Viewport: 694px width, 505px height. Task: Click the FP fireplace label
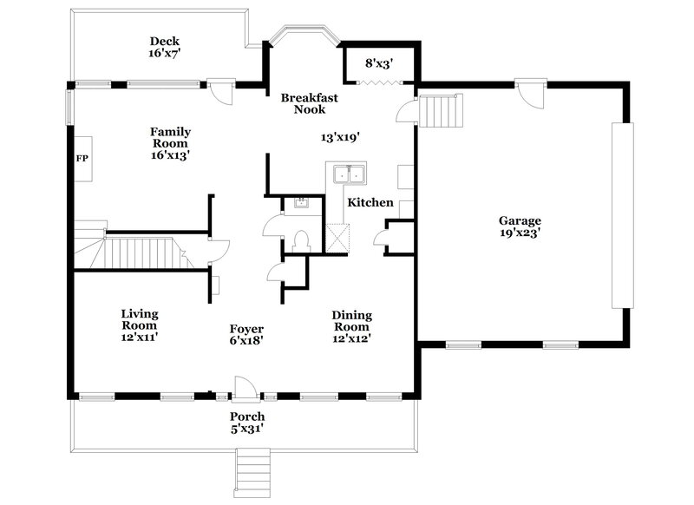(x=82, y=160)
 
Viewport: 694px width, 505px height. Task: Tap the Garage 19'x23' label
(x=520, y=226)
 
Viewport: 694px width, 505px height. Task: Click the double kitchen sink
(x=348, y=175)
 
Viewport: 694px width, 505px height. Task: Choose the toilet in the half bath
(x=302, y=239)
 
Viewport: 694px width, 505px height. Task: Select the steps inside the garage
(x=439, y=111)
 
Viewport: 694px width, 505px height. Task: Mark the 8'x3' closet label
(x=378, y=63)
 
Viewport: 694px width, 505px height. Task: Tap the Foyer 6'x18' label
(x=246, y=335)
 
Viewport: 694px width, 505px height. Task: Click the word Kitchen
(x=370, y=203)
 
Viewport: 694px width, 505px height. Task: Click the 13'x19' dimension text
(x=340, y=137)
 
